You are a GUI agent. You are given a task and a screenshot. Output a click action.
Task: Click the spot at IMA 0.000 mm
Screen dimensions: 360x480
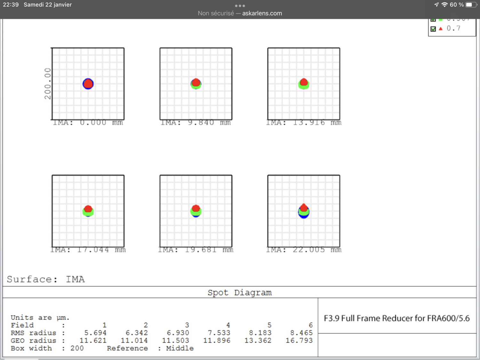(88, 84)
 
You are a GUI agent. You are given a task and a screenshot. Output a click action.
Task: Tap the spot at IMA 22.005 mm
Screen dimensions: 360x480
(304, 211)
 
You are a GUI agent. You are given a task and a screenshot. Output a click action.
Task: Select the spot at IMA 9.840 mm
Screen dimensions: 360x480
(196, 84)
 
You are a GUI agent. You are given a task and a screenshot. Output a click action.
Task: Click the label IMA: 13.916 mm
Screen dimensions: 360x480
(304, 123)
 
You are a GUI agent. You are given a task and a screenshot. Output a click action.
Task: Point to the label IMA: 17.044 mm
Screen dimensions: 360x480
(88, 250)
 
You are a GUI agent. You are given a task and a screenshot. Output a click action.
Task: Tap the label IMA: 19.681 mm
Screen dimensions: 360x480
(196, 250)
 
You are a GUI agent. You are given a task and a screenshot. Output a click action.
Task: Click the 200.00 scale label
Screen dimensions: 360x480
(48, 84)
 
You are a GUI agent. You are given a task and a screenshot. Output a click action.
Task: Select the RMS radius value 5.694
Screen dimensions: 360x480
(95, 333)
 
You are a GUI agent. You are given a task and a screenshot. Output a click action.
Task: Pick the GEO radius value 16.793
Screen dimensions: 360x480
(299, 340)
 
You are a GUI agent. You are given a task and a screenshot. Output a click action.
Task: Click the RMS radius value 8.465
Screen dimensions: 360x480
(301, 333)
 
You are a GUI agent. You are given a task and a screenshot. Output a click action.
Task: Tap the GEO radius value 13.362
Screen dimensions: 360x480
(258, 340)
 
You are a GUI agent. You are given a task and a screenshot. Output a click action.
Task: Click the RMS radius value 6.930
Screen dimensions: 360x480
(178, 333)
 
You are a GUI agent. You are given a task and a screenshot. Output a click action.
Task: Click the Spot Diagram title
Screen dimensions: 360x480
(240, 292)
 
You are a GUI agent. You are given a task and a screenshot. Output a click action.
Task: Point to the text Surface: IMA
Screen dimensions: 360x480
(46, 279)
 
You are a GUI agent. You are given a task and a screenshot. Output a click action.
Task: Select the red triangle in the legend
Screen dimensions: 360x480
(441, 28)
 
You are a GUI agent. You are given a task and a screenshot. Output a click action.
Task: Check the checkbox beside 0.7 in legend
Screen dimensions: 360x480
(433, 29)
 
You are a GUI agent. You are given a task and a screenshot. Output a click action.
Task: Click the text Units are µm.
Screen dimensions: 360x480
(40, 317)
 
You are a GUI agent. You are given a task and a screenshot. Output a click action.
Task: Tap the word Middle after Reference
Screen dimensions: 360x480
(180, 348)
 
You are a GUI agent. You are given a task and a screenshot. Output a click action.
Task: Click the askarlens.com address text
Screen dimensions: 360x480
(262, 13)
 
